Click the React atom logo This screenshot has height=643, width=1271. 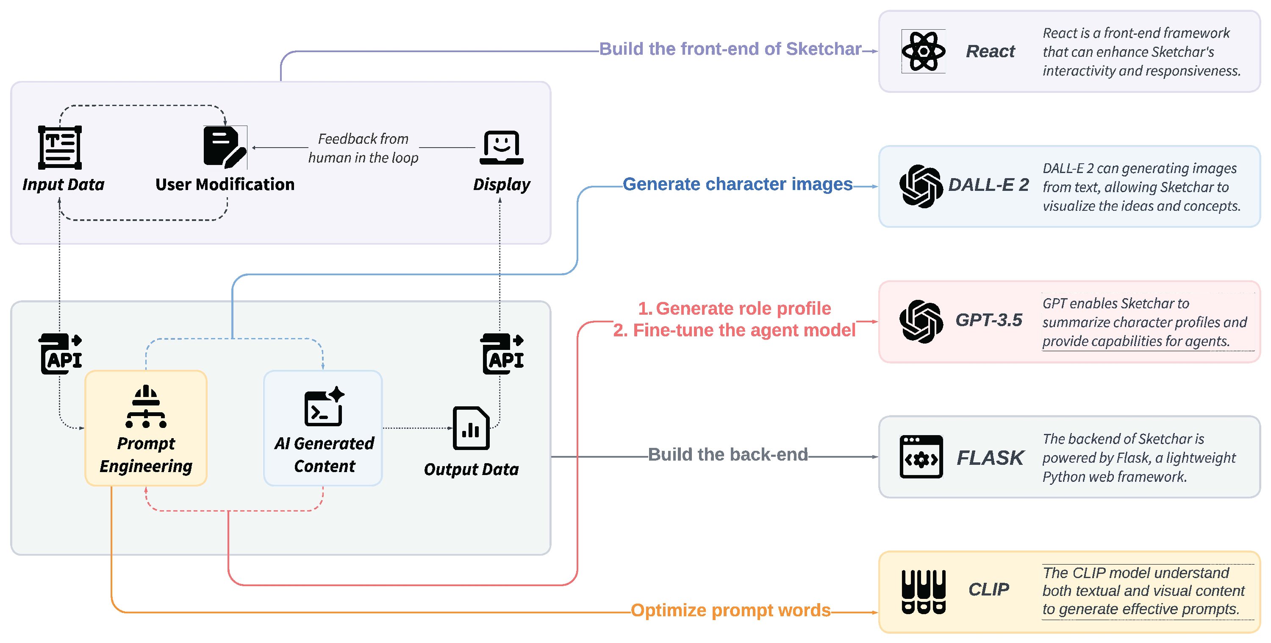[x=923, y=51]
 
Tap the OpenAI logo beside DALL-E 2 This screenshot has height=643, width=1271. [x=921, y=186]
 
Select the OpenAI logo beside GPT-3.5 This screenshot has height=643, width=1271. [x=921, y=321]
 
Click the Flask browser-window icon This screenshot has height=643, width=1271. [x=921, y=457]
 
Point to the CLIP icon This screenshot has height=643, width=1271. [x=923, y=592]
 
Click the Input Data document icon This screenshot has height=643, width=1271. [x=60, y=147]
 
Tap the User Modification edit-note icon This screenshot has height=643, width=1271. [x=225, y=147]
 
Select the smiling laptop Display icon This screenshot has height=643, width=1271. [x=501, y=147]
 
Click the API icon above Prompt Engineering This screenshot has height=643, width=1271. [x=60, y=354]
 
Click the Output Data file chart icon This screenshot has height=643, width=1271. [x=471, y=428]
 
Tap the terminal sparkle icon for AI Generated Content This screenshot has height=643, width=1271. [x=324, y=406]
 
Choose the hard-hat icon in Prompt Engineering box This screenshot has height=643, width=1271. [x=146, y=406]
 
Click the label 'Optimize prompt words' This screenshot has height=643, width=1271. [x=731, y=610]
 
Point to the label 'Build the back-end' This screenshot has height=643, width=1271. [x=728, y=454]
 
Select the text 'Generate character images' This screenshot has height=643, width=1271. [x=738, y=184]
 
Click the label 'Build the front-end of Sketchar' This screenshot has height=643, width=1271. [x=730, y=49]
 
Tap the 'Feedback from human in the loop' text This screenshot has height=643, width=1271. [x=363, y=148]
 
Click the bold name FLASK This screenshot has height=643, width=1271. [x=990, y=458]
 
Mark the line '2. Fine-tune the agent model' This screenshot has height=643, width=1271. [x=734, y=330]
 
